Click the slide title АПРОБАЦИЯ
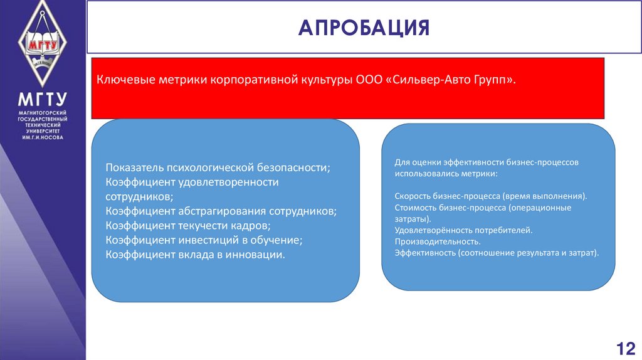(x=364, y=28)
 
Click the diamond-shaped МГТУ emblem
(x=43, y=44)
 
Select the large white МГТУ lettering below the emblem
(x=43, y=100)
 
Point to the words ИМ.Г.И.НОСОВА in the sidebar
(x=43, y=137)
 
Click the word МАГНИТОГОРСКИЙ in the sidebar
(x=43, y=112)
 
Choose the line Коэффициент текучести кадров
(x=188, y=225)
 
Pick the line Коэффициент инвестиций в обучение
(x=204, y=240)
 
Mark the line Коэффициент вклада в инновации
(x=195, y=254)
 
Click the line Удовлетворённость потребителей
(x=463, y=230)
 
